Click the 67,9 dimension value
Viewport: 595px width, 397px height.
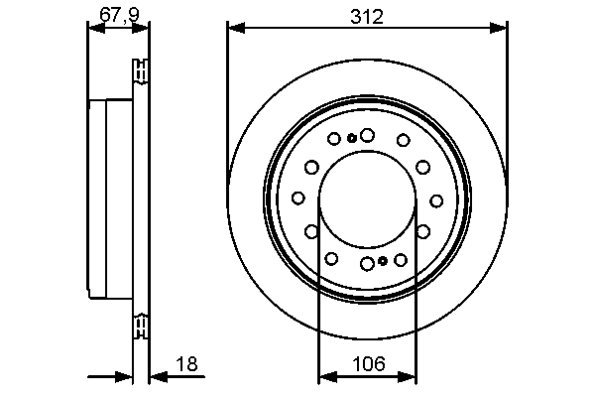point(119,15)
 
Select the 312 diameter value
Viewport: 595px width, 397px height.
point(367,17)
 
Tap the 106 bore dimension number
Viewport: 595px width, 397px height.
point(369,363)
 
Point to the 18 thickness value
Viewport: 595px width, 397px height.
point(186,364)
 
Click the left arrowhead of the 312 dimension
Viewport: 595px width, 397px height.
point(236,28)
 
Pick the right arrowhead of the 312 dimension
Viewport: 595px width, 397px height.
point(498,28)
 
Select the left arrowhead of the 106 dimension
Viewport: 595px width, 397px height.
point(328,377)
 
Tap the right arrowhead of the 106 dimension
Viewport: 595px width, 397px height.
point(408,377)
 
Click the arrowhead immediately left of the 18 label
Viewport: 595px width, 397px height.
point(159,377)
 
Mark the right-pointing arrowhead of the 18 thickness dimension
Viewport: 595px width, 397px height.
point(124,377)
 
